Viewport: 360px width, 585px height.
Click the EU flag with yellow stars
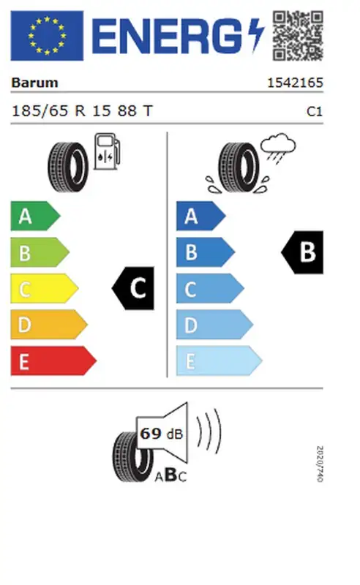[x=47, y=35]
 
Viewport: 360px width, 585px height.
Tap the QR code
[x=298, y=35]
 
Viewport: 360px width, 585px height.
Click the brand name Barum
[x=34, y=83]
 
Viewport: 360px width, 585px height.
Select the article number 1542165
[x=295, y=83]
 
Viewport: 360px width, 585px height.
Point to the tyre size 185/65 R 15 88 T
[x=82, y=111]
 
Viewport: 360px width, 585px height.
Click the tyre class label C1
[x=314, y=111]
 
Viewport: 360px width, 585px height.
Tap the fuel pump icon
[x=107, y=151]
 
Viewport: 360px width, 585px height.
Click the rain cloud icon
[x=278, y=148]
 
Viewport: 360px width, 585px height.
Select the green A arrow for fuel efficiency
[x=35, y=216]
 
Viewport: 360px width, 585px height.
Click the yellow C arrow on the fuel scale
[x=45, y=288]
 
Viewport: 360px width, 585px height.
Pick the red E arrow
[x=53, y=361]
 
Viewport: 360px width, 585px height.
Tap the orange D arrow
[x=49, y=325]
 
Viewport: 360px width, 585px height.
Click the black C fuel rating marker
[x=133, y=288]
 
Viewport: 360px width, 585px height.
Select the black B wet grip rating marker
[x=302, y=252]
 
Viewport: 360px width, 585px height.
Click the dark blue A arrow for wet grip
[x=201, y=216]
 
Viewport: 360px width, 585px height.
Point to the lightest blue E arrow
[x=220, y=361]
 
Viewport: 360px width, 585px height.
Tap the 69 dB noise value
[x=161, y=434]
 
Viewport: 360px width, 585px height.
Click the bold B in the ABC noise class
[x=170, y=475]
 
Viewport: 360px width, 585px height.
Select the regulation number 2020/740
[x=319, y=464]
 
